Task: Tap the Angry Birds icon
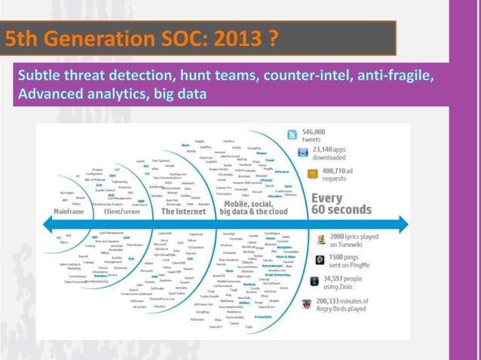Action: pyautogui.click(x=308, y=305)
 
